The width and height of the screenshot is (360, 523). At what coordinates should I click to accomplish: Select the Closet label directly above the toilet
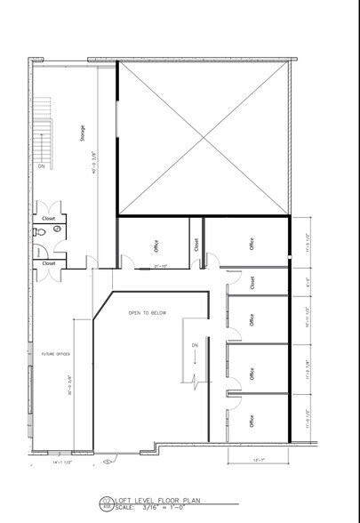[x=48, y=216]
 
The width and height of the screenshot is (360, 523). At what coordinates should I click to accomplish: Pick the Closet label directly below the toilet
[x=48, y=262]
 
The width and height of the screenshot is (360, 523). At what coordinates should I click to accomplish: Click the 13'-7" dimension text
[x=259, y=459]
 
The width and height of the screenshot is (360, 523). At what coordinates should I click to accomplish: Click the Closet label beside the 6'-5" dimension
[x=253, y=282]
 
